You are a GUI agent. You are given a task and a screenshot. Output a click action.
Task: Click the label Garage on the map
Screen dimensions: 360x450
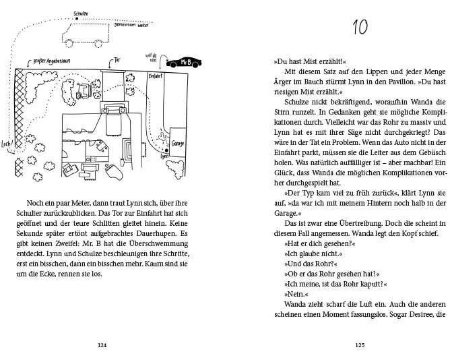click(178, 144)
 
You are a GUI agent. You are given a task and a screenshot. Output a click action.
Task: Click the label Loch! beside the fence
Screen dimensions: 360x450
click(7, 144)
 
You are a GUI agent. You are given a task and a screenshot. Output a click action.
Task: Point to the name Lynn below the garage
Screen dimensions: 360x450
click(164, 156)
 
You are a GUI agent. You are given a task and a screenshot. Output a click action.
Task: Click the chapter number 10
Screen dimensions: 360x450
click(359, 29)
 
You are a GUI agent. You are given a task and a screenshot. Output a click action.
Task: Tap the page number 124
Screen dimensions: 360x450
click(102, 345)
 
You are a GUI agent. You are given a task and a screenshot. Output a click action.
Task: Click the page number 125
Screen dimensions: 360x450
click(359, 345)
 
